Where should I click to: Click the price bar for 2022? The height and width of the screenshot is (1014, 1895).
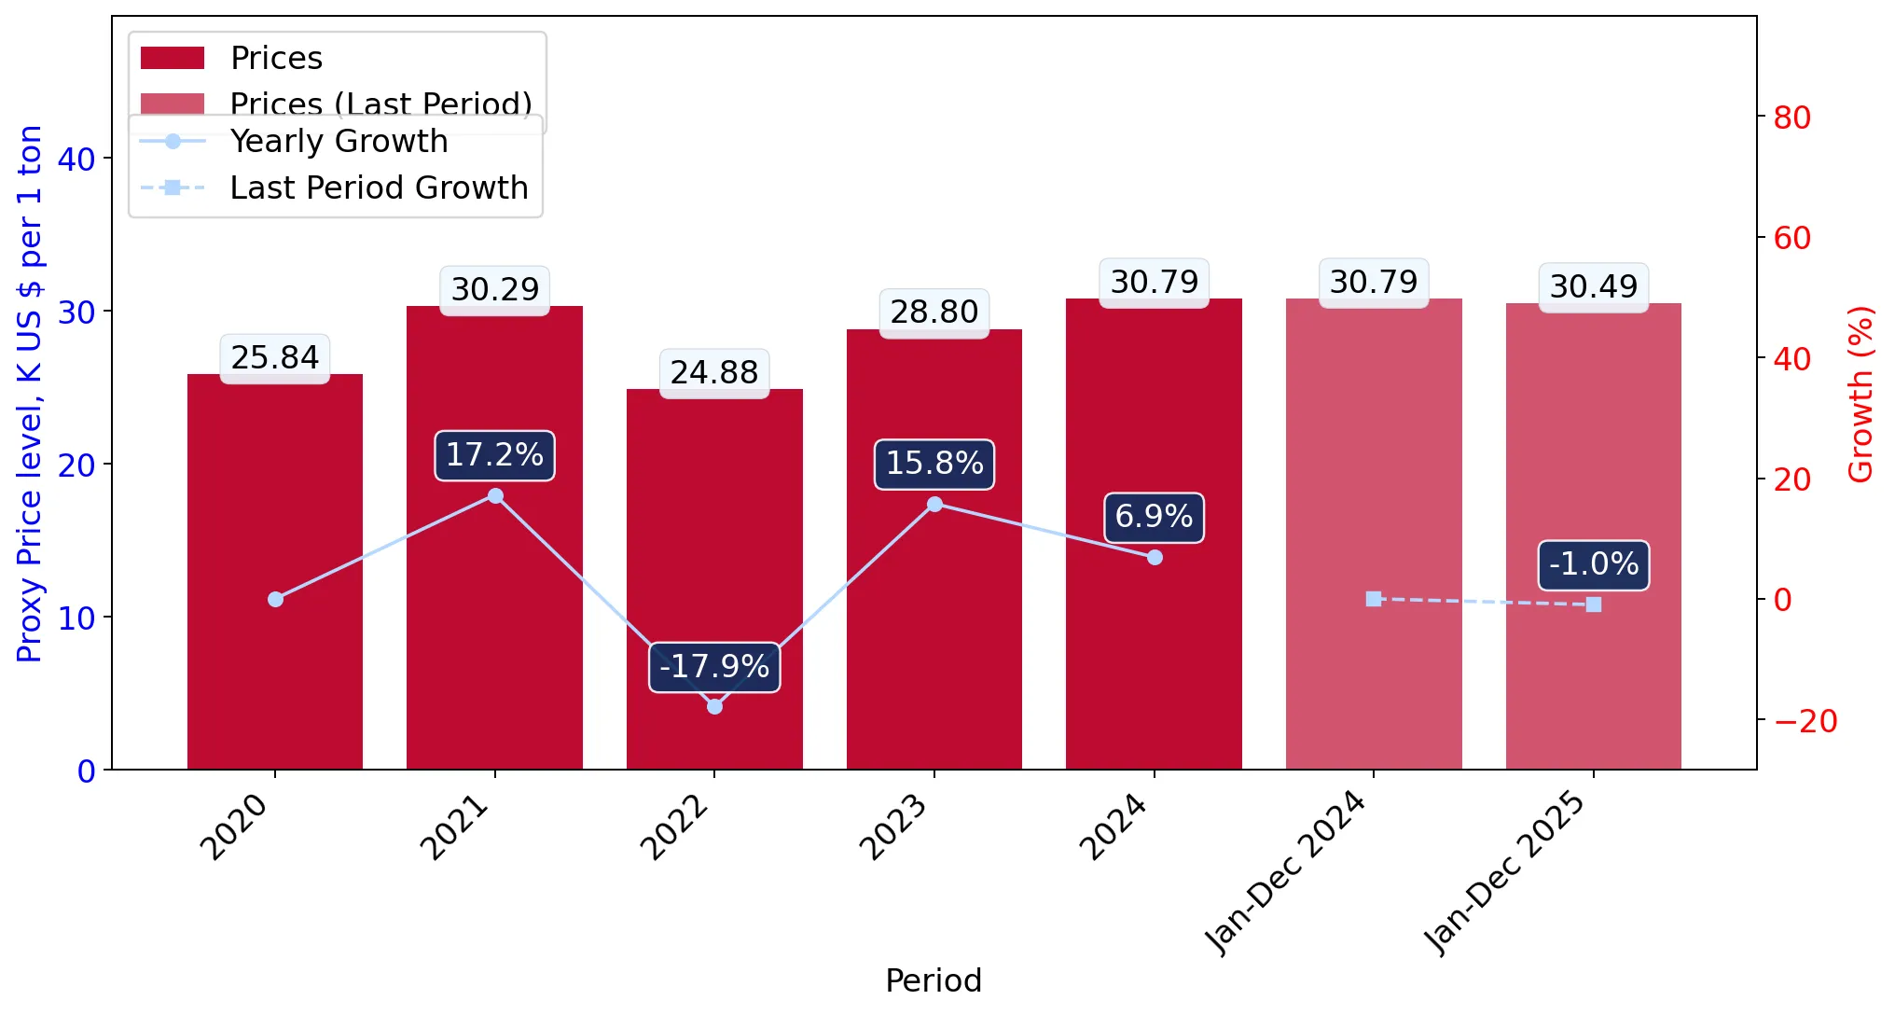click(714, 578)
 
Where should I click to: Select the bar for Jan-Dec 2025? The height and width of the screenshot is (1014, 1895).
click(1593, 536)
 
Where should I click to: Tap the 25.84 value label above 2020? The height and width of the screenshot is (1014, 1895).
click(275, 357)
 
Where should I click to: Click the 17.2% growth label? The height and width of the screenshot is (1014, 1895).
click(494, 455)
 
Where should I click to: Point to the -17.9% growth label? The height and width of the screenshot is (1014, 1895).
click(714, 667)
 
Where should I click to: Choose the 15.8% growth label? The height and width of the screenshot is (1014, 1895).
click(934, 464)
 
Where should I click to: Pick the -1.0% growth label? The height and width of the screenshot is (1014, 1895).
click(1594, 564)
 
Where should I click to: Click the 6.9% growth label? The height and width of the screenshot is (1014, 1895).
click(1154, 517)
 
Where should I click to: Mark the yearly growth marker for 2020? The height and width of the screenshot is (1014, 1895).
click(275, 599)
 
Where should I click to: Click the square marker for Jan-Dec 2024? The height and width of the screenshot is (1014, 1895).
click(1374, 599)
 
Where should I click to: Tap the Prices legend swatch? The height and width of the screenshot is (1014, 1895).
click(173, 58)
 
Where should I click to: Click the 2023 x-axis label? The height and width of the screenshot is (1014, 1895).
click(893, 826)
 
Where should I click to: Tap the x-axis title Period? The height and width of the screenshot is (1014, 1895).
click(934, 980)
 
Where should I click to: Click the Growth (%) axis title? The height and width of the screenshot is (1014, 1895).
click(1860, 395)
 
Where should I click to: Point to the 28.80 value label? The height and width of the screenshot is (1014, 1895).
click(934, 313)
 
